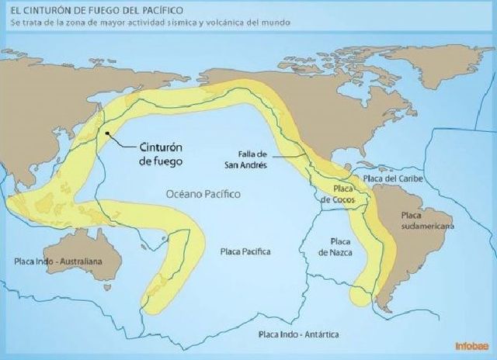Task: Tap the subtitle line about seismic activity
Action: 151,22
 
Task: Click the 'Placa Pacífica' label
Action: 245,252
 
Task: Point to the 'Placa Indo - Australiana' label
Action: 58,261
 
